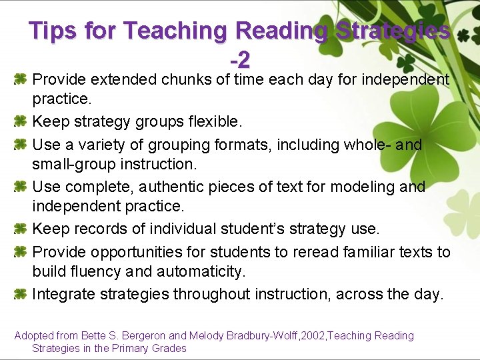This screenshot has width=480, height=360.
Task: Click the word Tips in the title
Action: click(x=52, y=31)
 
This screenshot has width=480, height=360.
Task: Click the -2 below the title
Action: click(x=240, y=61)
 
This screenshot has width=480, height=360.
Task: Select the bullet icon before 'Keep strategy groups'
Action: click(x=20, y=122)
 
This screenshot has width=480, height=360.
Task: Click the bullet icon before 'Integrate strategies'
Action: click(x=20, y=294)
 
